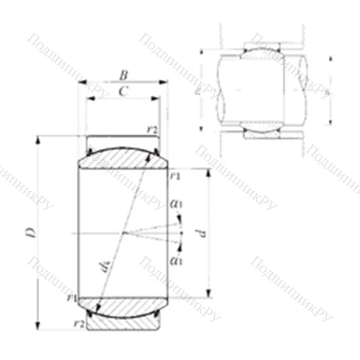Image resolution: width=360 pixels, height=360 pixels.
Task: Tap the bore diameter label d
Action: [202, 233]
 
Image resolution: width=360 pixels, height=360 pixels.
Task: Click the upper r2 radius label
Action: [152, 129]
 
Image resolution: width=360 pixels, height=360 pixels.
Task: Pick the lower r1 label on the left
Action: [71, 297]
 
